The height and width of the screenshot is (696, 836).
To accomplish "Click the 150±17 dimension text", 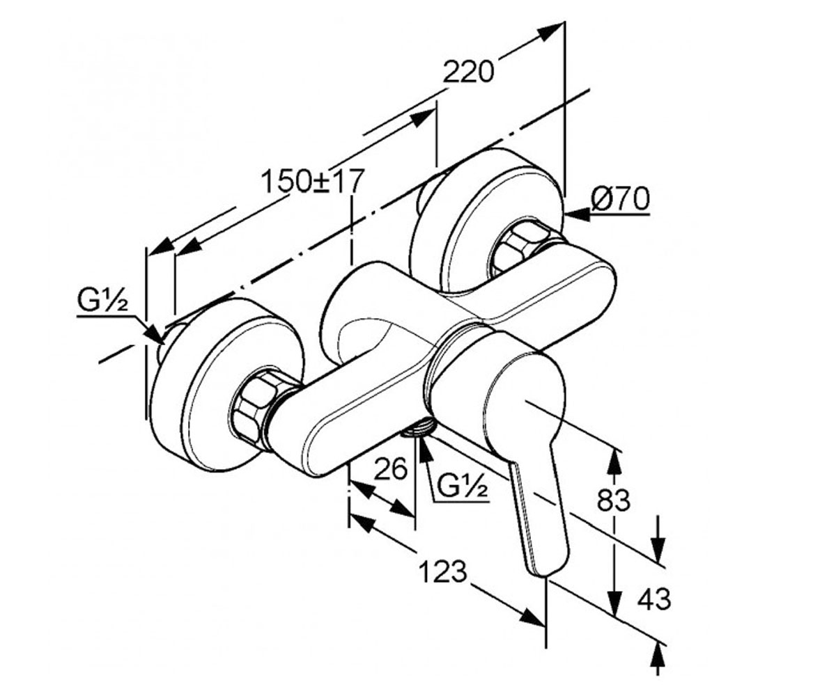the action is [x=312, y=181].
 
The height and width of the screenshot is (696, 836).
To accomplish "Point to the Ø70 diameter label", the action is [x=620, y=199].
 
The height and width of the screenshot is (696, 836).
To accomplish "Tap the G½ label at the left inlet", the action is [x=103, y=303].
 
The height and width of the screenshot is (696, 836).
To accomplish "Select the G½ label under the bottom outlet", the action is [x=463, y=486].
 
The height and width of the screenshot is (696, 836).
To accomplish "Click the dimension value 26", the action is [x=390, y=468].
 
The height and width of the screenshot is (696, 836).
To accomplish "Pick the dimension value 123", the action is [x=442, y=571].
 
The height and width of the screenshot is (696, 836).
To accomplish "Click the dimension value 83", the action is [x=613, y=500].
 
